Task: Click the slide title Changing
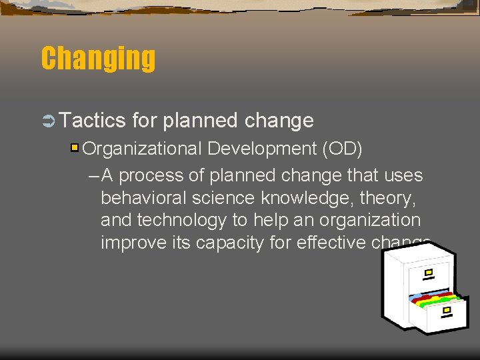[98, 59]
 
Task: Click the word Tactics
[93, 121]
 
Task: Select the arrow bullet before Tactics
[49, 121]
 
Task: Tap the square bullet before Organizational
[75, 147]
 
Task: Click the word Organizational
[143, 148]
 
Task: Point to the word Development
[262, 148]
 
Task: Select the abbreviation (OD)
[342, 148]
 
